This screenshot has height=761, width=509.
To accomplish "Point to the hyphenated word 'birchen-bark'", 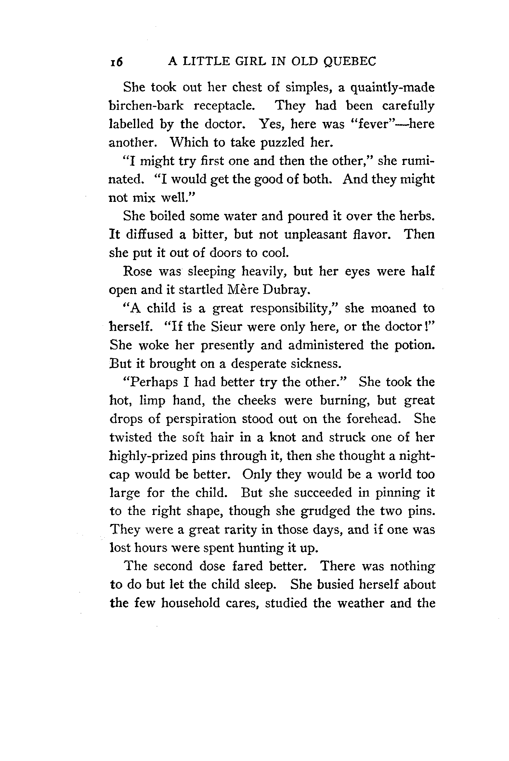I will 146,106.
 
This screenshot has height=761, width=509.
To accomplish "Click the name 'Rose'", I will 137,271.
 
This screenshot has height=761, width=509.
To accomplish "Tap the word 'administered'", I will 326,345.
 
